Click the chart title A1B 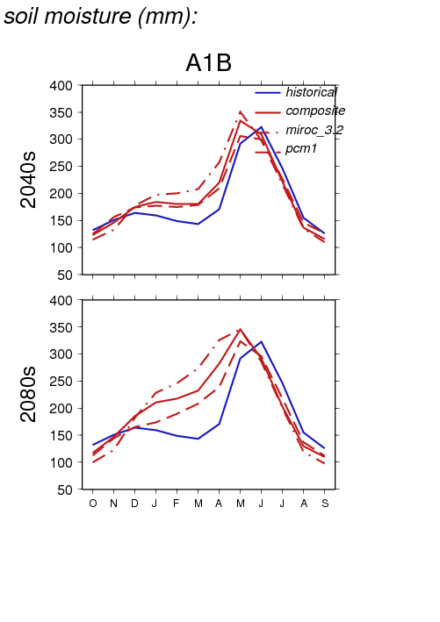(x=208, y=62)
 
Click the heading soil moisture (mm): (x=100, y=17)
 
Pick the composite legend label (x=315, y=111)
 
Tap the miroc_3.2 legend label (x=314, y=130)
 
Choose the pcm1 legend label (x=301, y=148)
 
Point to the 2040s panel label (x=28, y=180)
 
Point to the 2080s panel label (x=28, y=394)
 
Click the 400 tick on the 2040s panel (x=61, y=86)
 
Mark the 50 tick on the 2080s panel (x=65, y=490)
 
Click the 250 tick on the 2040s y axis (x=61, y=166)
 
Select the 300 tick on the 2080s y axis (x=61, y=354)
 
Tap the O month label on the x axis (x=93, y=504)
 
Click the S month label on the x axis (x=325, y=504)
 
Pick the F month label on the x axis (x=176, y=504)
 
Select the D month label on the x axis (x=134, y=504)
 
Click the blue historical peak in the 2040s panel (x=261, y=127)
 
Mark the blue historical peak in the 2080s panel (x=261, y=341)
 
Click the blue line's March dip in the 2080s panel (x=198, y=439)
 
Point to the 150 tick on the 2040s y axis (x=61, y=220)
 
